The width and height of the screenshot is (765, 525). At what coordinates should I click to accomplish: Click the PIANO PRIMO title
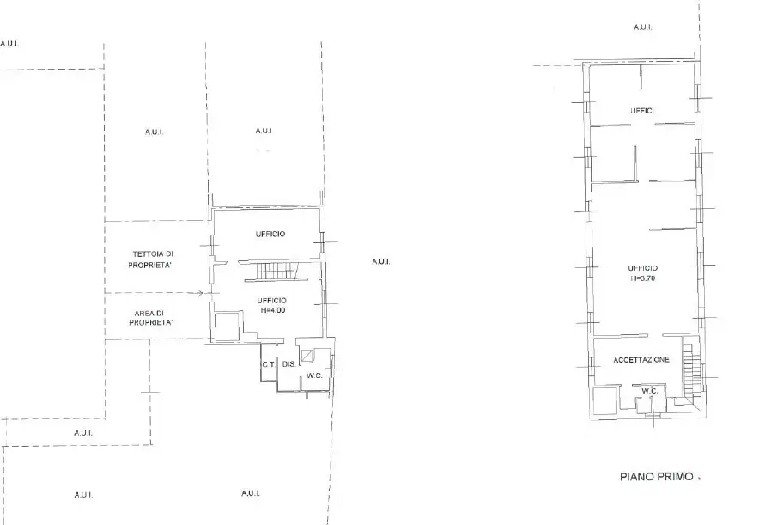point(656,476)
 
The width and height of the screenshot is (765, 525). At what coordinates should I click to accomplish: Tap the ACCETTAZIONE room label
point(641,360)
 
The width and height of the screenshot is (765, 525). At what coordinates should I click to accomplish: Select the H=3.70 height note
point(642,278)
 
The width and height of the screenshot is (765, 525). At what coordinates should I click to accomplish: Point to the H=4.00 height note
point(273,310)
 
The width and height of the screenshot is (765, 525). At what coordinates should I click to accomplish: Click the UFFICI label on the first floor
point(641,111)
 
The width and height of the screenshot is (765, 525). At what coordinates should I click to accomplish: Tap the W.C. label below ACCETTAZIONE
point(649,391)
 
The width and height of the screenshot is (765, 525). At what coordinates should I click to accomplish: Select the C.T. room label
point(269,364)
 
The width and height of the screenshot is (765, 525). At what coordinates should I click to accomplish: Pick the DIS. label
point(288,363)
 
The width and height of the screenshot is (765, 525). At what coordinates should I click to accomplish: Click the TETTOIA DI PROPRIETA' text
point(152,259)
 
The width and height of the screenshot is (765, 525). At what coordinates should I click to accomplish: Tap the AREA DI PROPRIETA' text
point(151,318)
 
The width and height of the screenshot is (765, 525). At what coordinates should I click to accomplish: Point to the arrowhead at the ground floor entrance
point(201,293)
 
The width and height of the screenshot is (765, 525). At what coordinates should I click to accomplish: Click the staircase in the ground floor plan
point(276,271)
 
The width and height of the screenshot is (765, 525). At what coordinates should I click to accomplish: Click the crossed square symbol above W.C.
point(307,356)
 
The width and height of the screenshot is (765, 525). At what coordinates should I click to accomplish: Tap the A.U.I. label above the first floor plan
point(642,27)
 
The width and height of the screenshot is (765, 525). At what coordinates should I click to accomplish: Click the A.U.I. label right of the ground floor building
point(381,262)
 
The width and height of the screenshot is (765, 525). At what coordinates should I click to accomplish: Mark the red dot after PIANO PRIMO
point(699,478)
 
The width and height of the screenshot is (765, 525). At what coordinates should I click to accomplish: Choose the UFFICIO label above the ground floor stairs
point(270,235)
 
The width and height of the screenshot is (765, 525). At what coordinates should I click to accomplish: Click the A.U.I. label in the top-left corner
point(9,44)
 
